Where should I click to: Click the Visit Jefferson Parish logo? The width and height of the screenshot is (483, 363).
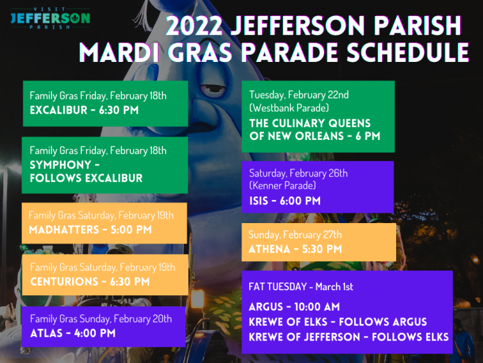[50, 18]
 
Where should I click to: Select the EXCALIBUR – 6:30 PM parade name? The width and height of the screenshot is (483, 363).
[84, 110]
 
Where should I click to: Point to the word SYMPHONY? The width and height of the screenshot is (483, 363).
[61, 165]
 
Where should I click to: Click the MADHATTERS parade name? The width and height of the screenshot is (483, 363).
[64, 230]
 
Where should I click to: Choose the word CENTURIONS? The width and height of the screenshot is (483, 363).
[64, 282]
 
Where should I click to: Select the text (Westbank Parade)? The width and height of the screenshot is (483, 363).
[289, 108]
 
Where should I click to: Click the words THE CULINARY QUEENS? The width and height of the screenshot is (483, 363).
[310, 123]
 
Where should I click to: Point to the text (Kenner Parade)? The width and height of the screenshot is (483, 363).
[283, 185]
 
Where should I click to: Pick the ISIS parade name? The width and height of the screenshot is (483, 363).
[258, 201]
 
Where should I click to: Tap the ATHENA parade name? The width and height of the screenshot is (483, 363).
[269, 249]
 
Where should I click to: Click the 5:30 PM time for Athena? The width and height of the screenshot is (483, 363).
[321, 249]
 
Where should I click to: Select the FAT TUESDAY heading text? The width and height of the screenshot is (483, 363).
[278, 287]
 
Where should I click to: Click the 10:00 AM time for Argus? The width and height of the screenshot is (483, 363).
[317, 307]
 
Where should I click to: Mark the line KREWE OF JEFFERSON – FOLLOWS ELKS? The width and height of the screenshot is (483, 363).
[348, 337]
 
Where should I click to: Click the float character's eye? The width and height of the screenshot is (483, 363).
[213, 87]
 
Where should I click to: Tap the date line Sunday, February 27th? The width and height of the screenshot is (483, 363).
[295, 235]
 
